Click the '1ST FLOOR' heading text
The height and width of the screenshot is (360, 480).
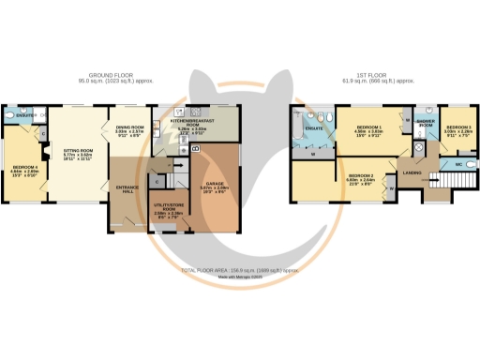point(366,74)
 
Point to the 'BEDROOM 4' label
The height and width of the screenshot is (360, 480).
point(22,142)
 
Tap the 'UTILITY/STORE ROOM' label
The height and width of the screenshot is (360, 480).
point(169,208)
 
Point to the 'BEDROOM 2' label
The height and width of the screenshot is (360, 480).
point(361,176)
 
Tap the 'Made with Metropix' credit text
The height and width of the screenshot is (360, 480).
point(240,277)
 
